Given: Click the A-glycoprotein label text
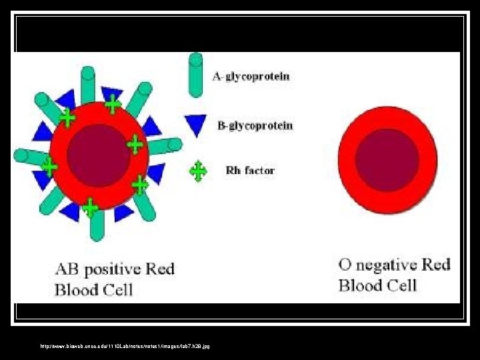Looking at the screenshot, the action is [251, 76].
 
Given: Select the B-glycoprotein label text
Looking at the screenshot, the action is [255, 125].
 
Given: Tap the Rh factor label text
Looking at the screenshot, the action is [250, 171].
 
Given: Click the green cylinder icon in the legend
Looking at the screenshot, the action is [195, 75].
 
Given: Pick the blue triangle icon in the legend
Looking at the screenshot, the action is [196, 124].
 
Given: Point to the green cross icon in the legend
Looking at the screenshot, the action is [198, 171].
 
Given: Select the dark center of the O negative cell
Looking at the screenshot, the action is [387, 160].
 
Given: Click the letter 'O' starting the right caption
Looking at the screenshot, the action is [345, 265].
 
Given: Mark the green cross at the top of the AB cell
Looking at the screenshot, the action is [113, 103].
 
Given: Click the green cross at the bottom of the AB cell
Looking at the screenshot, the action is [90, 209].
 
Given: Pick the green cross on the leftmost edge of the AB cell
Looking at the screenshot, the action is [49, 165].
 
